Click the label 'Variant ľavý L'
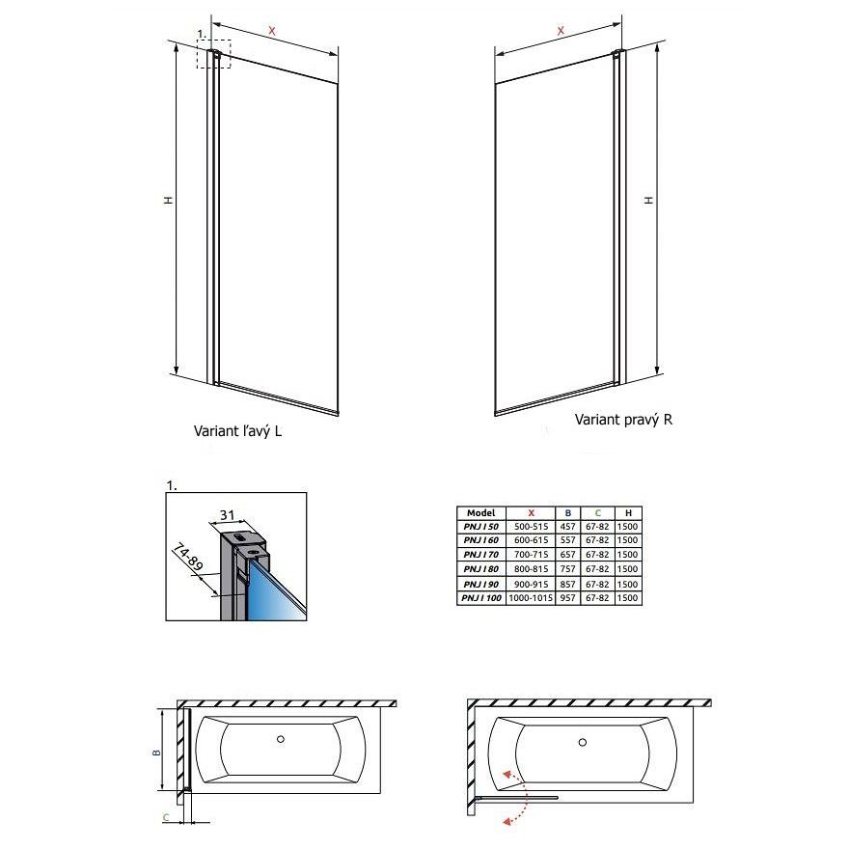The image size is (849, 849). coord(237,430)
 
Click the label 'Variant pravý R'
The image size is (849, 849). coord(623,419)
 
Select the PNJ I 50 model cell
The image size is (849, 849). coord(480,527)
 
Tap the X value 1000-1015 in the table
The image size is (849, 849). coord(531,598)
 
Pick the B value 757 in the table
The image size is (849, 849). coord(567,568)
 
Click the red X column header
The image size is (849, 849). coord(531,512)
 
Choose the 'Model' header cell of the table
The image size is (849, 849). coord(480,512)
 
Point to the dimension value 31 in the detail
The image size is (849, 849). coord(227,515)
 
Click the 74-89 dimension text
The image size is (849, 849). coord(188,559)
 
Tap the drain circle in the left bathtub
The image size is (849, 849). coord(281,739)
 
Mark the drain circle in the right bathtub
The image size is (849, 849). coord(583,742)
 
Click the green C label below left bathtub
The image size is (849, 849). coord(166,817)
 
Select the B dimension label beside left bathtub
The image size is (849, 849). coord(157,752)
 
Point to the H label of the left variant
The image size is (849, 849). coord(169,200)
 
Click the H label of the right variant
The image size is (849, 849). coord(648,200)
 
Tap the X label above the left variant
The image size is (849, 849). coord(272,31)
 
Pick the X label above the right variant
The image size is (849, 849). coord(561,30)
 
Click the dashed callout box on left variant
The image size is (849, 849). coord(213,54)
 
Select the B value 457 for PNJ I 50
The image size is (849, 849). coord(567,527)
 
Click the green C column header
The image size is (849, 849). coord(598,512)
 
